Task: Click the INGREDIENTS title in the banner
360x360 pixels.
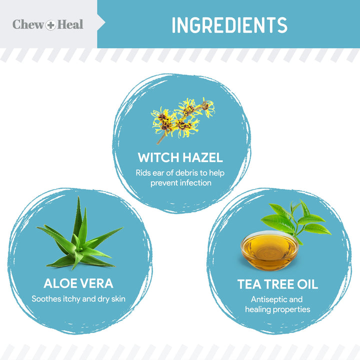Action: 229,25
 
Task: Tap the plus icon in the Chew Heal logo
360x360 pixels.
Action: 50,25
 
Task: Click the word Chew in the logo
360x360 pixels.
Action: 28,24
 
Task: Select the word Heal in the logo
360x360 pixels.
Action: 70,24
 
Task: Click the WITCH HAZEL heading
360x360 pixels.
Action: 180,158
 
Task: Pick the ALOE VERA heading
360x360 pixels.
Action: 78,284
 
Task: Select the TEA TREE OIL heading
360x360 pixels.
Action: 277,284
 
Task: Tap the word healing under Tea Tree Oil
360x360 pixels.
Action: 257,309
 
